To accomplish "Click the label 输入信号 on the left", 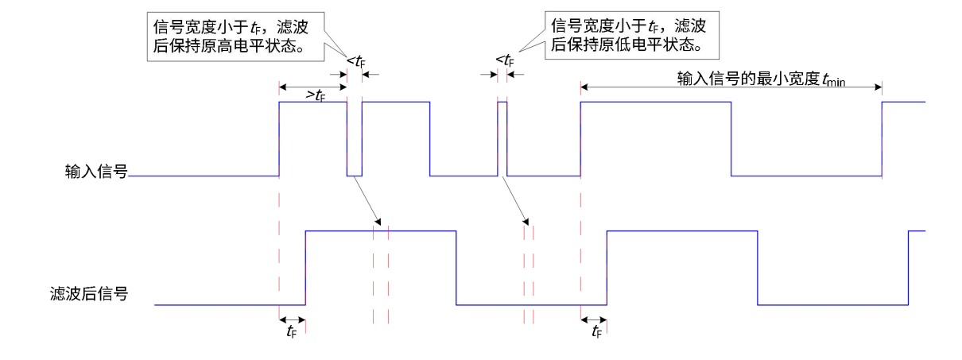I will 97,171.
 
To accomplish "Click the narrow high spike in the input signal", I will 502,103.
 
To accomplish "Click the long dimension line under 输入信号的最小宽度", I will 731,86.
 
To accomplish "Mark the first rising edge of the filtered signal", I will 307,267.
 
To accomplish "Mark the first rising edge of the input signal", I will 279,139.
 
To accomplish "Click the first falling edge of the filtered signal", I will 456,267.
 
